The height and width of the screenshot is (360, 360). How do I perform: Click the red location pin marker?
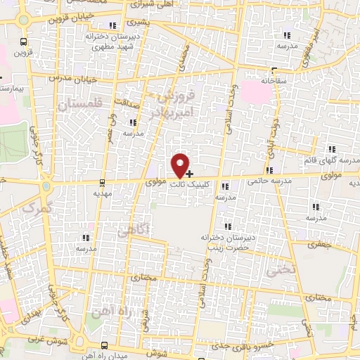pos(181,165)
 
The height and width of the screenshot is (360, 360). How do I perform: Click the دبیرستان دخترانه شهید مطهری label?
pos(105,39)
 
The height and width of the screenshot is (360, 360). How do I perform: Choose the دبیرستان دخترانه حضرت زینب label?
pos(226,241)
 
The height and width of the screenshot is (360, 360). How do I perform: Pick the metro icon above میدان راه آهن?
pos(104,345)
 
